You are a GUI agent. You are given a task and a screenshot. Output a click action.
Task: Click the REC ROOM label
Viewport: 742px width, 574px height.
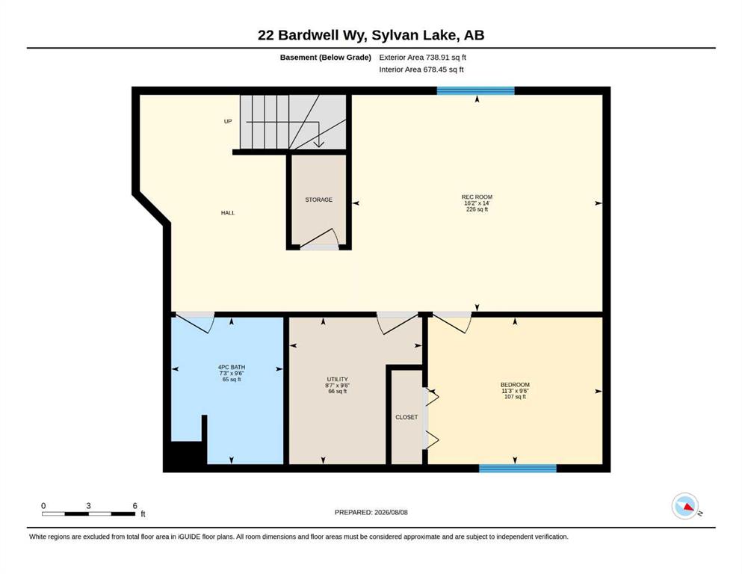pos(477,197)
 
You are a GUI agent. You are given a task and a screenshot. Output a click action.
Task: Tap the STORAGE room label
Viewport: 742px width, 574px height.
pos(318,200)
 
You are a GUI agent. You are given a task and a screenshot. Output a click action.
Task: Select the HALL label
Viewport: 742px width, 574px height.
pos(228,213)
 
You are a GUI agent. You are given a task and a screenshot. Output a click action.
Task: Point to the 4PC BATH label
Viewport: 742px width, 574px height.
pos(232,367)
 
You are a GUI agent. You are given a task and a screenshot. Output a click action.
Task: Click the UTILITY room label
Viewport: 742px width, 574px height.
pos(338,379)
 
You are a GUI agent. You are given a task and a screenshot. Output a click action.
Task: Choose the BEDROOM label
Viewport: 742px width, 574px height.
pos(515,385)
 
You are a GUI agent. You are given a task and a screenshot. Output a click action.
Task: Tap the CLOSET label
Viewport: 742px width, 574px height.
pos(406,417)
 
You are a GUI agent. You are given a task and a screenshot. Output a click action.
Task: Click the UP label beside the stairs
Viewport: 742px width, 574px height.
pos(228,121)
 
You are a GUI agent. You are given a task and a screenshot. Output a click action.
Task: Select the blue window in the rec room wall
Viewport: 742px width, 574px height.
pos(475,91)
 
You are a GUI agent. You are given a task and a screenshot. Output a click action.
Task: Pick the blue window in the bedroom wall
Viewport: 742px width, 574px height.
pos(518,469)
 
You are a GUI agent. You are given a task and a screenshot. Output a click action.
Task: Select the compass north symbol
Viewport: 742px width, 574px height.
pos(685,506)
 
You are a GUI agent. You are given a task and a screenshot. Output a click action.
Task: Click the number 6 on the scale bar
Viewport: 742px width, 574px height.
pos(135,506)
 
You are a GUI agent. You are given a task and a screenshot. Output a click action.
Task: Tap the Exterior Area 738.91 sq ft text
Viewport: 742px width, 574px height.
pos(423,58)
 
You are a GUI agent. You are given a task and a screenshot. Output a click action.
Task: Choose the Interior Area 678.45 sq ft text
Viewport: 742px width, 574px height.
pos(421,70)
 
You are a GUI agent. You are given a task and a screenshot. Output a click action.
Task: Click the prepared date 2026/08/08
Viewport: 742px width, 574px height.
pos(391,512)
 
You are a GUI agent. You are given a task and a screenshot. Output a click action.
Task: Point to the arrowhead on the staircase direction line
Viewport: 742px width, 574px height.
pos(319,143)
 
